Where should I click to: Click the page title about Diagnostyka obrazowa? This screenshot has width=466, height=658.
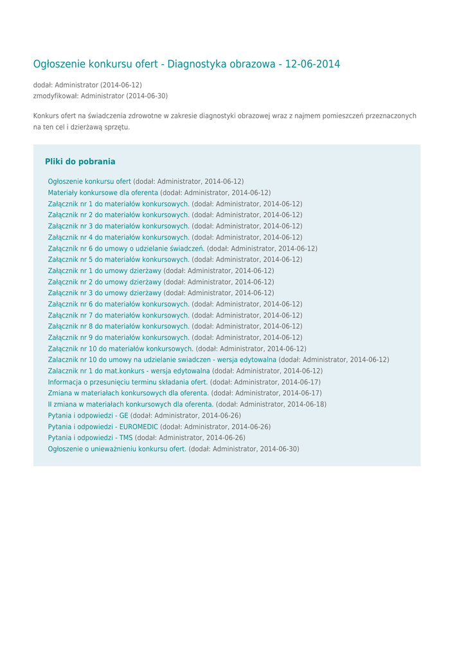(x=186, y=64)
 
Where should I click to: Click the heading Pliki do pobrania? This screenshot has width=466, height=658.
(x=80, y=162)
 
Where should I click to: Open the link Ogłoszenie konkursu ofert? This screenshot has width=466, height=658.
(x=89, y=182)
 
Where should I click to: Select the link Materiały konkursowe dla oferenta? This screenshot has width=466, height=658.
(x=103, y=193)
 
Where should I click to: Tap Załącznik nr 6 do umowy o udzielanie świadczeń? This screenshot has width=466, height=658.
(x=126, y=249)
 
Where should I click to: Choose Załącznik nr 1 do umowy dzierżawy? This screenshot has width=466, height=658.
(x=105, y=271)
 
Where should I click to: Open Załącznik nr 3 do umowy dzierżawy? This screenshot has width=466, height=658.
(x=105, y=293)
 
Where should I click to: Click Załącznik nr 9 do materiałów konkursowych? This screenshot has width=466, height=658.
(x=119, y=337)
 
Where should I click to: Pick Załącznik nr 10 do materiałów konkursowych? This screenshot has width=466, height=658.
(x=121, y=349)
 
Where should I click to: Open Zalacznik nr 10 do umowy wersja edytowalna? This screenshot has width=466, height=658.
(x=162, y=360)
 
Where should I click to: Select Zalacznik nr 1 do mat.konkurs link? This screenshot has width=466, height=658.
(x=129, y=371)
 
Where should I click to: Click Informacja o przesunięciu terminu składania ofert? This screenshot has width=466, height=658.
(x=128, y=382)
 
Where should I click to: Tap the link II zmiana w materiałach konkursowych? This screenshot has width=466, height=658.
(x=130, y=404)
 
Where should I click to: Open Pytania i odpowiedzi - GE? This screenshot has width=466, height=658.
(x=88, y=416)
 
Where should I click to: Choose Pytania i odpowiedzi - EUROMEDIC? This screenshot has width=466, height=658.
(x=103, y=427)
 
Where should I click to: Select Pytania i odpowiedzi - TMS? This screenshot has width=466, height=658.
(x=90, y=438)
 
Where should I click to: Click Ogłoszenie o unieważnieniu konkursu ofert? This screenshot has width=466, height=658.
(x=117, y=449)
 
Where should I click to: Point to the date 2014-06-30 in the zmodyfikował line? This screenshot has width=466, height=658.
(x=147, y=96)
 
